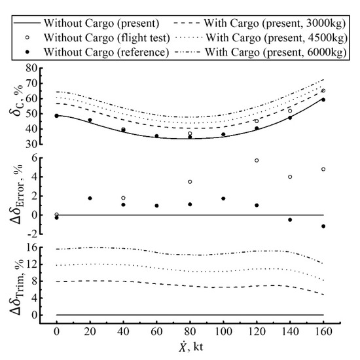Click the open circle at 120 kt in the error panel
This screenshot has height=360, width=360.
tap(257, 160)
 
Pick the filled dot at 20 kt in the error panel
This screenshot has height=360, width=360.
tap(90, 198)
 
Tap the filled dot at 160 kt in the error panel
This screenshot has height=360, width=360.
tap(323, 226)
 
